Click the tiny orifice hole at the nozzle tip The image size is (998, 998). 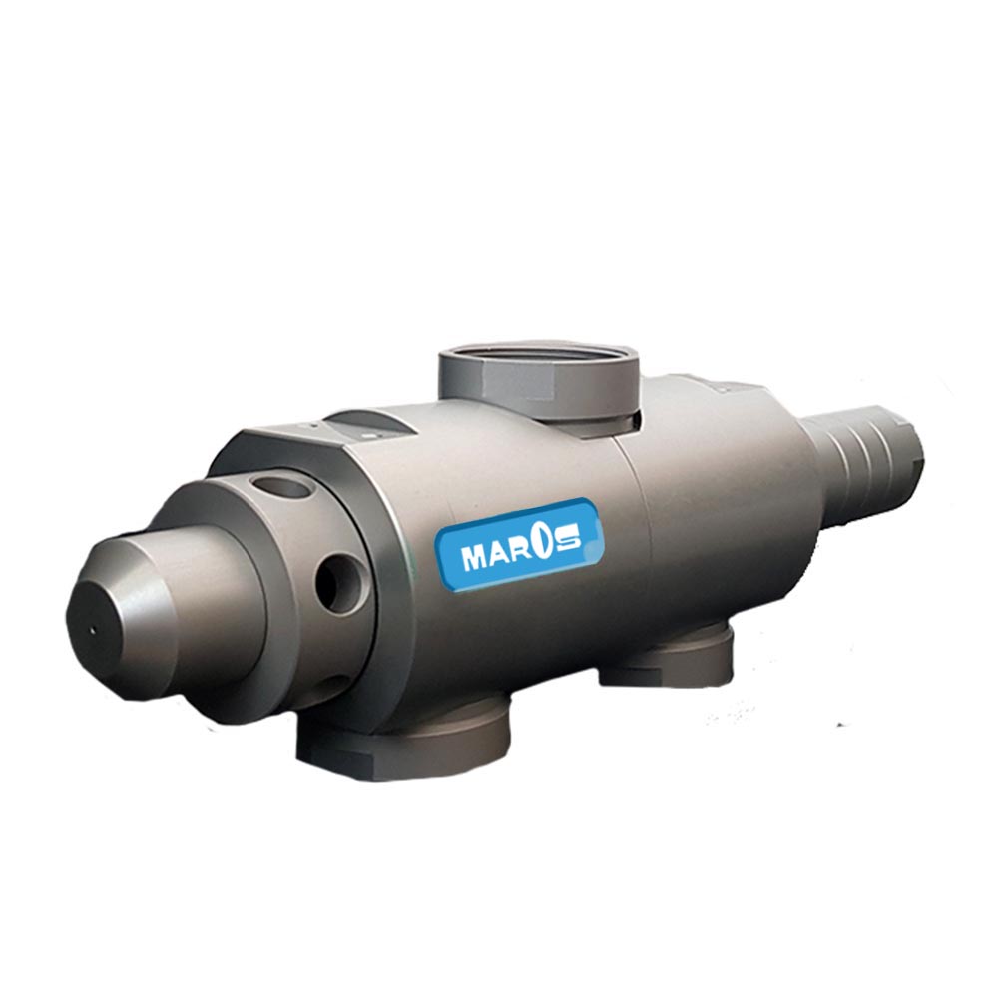(x=93, y=631)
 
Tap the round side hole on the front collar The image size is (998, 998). (x=339, y=581)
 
